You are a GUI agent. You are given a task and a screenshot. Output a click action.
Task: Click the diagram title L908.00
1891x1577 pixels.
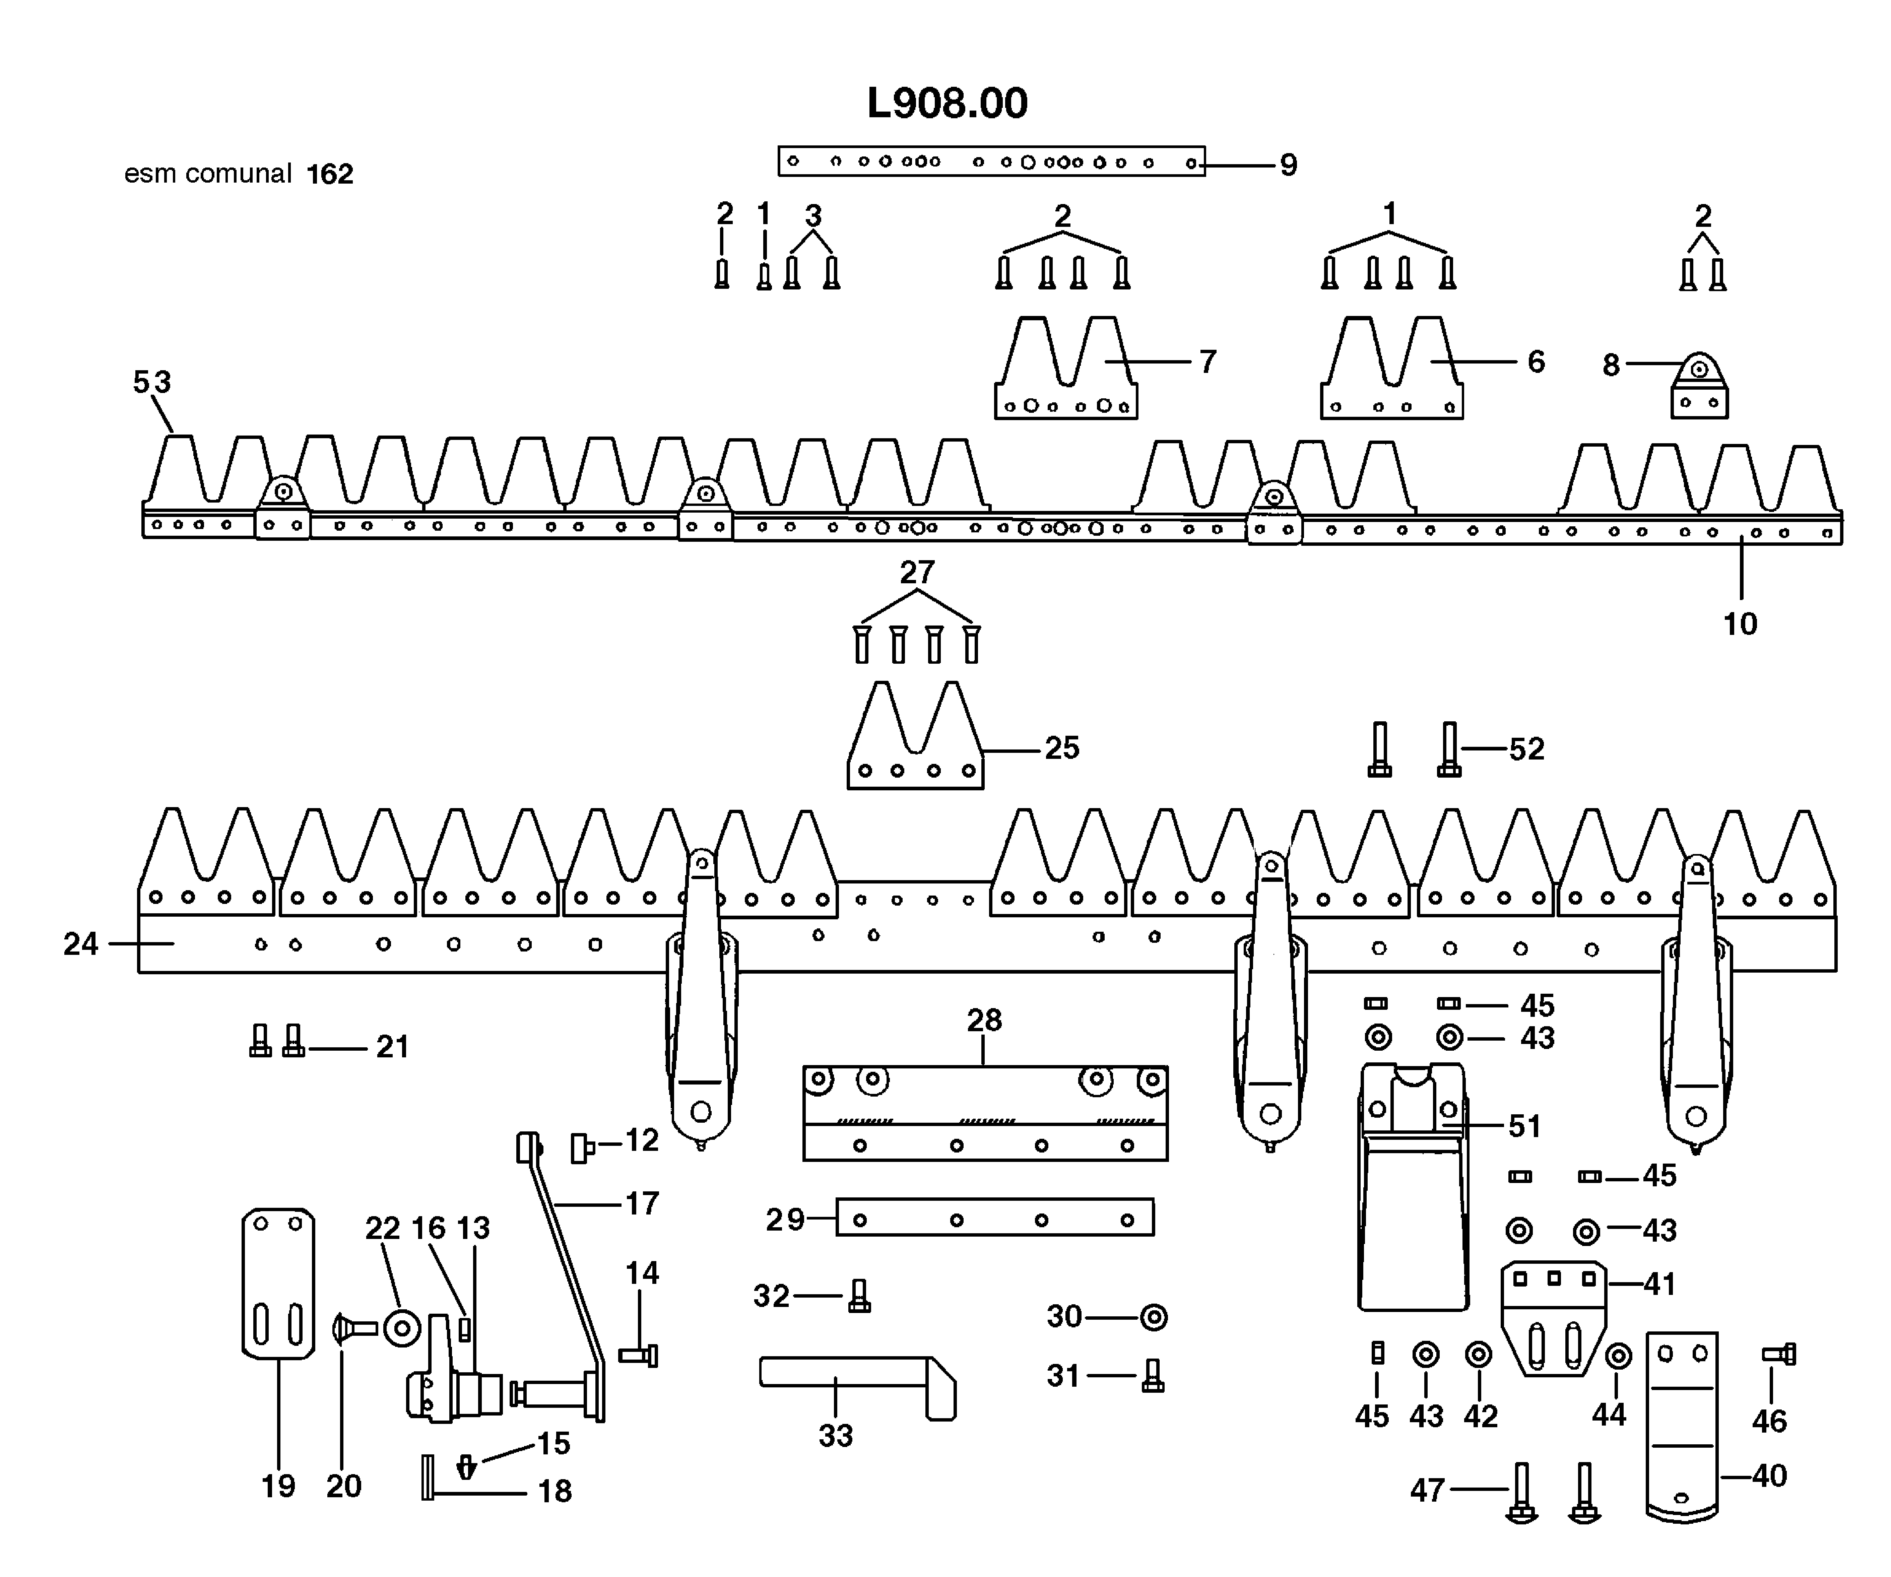[x=947, y=104]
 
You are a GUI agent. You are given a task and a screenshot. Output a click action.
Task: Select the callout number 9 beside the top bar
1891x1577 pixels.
[x=1289, y=166]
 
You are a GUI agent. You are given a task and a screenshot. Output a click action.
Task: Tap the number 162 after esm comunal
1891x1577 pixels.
[x=330, y=174]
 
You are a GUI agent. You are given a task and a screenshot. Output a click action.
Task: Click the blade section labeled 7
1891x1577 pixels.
[x=1065, y=378]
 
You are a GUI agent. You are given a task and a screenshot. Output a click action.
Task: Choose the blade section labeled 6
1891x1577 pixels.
[x=1391, y=378]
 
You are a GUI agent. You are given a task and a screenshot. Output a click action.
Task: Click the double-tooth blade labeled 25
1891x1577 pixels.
[x=915, y=747]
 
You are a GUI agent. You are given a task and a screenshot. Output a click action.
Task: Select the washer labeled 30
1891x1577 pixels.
[x=1154, y=1318]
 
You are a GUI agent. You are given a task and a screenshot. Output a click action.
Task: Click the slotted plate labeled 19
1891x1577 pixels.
[x=278, y=1284]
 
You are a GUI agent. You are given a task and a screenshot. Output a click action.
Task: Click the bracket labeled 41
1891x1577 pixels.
[x=1553, y=1315]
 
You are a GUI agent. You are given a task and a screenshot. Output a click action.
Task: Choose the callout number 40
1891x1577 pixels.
[x=1769, y=1475]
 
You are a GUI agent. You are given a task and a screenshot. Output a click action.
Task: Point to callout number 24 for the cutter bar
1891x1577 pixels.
[x=80, y=944]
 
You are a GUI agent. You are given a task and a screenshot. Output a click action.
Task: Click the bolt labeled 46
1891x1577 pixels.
[x=1778, y=1354]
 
